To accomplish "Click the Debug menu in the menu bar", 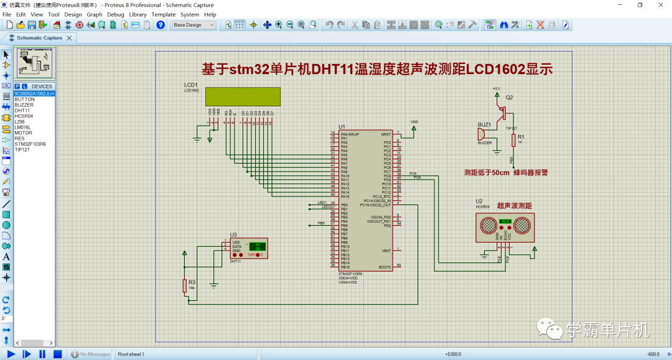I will pos(115,14).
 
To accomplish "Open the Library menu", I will pos(138,14).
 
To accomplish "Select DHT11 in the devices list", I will pos(22,111).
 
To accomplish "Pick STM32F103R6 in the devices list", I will pos(30,144).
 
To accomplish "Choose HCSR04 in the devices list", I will pos(24,116).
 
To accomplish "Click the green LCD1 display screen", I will pos(243,96).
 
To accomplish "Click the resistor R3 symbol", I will pos(185,286).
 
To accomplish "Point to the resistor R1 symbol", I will pos(513,140).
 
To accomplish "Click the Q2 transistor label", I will pos(509,98).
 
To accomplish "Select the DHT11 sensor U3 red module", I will pos(249,248).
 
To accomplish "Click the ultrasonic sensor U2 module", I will pos(505,228).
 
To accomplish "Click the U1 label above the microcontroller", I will pos(342,127).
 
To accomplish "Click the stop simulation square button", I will pos(57,354).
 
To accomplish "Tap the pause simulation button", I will pos(42,354).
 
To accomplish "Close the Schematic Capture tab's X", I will pos(69,38).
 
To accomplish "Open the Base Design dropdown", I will pos(194,25).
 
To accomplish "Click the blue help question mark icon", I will pos(161,25).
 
